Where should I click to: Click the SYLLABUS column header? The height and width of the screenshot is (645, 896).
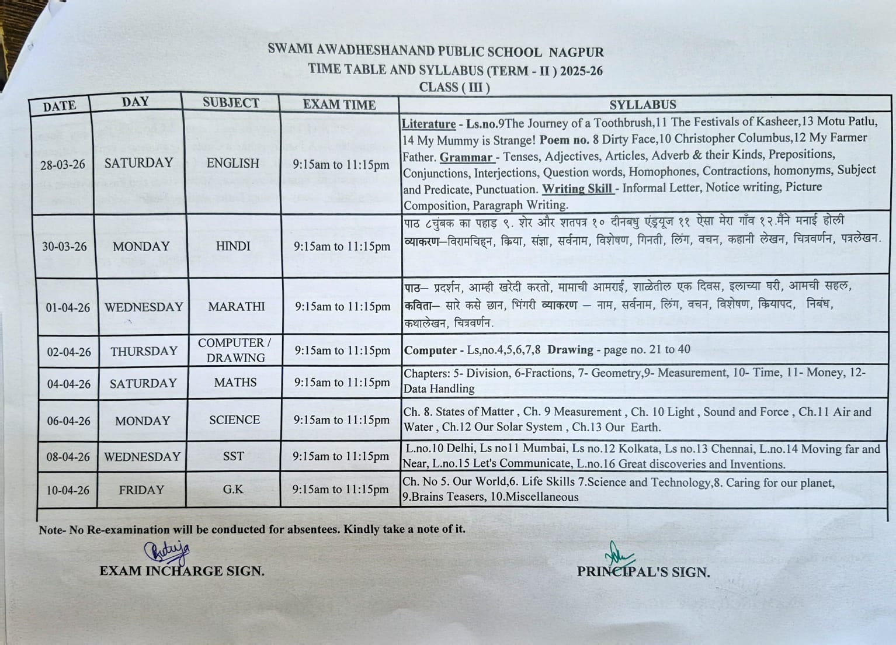(643, 105)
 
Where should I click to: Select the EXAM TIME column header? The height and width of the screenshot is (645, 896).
(339, 105)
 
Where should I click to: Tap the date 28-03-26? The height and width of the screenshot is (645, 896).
(62, 165)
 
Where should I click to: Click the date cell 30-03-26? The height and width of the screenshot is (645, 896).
(64, 247)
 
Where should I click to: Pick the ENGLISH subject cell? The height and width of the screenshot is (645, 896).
(232, 164)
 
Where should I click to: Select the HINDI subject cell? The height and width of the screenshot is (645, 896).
(233, 247)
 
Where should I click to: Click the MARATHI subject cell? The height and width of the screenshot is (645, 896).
(236, 307)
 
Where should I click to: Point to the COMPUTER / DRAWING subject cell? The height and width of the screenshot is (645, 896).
(235, 351)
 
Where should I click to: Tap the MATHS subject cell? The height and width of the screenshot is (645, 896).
(235, 383)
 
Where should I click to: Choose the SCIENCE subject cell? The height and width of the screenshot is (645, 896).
(234, 420)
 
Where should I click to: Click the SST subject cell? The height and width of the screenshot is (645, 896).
(233, 456)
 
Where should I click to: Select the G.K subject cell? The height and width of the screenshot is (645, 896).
(232, 490)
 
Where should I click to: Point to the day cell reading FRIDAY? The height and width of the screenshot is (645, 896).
(141, 490)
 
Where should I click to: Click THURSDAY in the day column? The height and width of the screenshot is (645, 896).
(144, 351)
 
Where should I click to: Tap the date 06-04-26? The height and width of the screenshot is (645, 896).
(69, 421)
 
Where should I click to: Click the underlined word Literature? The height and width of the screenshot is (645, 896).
(429, 124)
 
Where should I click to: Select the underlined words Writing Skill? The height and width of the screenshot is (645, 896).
(577, 189)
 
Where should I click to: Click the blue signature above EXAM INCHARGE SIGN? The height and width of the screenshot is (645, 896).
(167, 551)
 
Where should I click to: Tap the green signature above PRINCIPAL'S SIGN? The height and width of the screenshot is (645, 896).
(614, 553)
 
